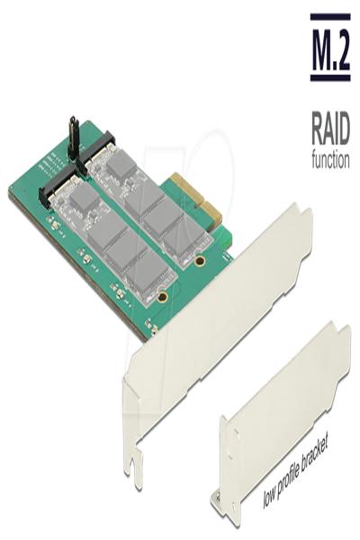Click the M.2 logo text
[x=329, y=48]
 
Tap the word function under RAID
[x=329, y=162]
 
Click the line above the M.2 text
[x=329, y=16]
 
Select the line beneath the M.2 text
[x=329, y=79]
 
